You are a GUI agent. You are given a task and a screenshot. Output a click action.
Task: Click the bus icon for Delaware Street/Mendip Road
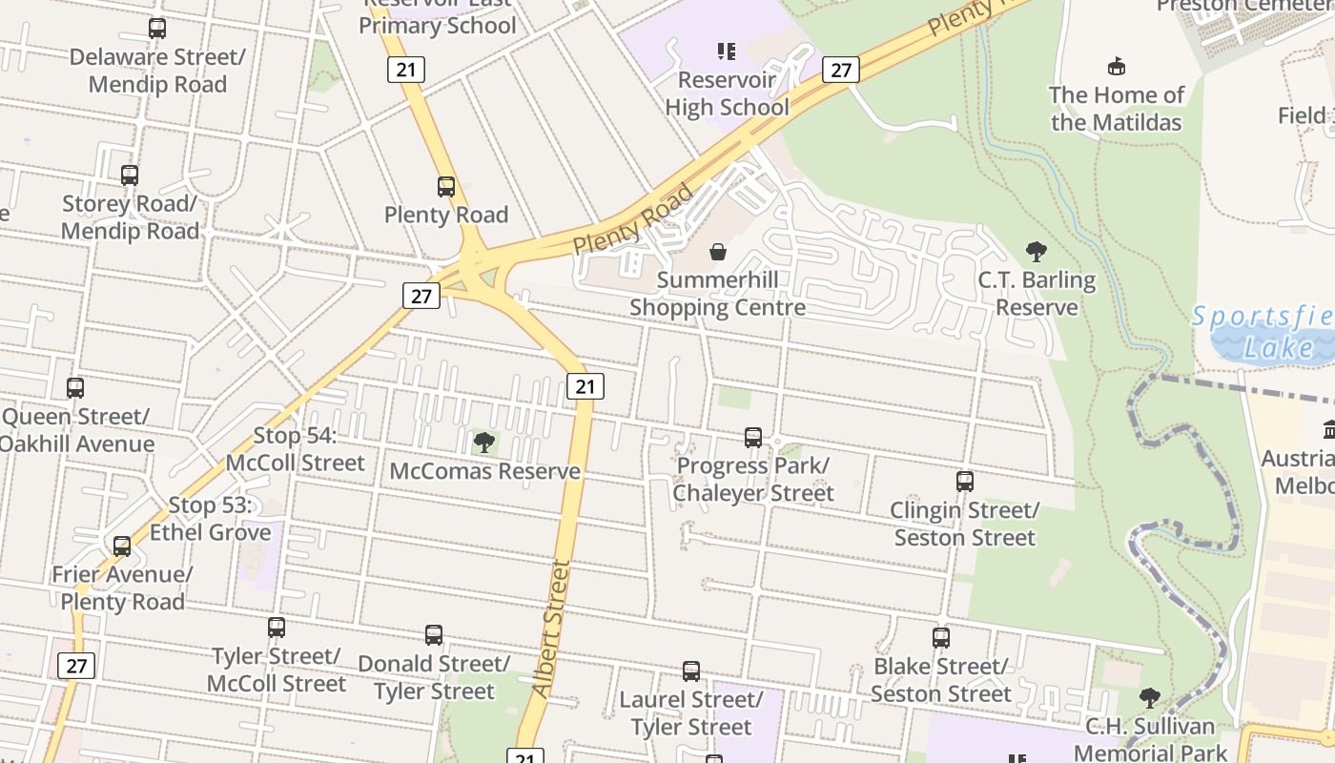click(x=157, y=29)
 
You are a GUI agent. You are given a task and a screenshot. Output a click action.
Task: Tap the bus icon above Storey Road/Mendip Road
click(x=130, y=175)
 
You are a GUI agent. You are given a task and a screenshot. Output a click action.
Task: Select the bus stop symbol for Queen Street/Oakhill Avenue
click(x=75, y=388)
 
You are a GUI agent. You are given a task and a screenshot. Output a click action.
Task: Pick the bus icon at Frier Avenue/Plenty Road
click(x=122, y=546)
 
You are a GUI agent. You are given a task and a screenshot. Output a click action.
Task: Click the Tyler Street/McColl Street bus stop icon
click(x=277, y=628)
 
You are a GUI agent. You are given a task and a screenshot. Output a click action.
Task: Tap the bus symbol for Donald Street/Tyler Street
click(x=434, y=635)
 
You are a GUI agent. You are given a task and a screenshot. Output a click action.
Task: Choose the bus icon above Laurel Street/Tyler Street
click(x=691, y=671)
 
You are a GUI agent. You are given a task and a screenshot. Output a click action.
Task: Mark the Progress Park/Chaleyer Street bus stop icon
click(x=753, y=438)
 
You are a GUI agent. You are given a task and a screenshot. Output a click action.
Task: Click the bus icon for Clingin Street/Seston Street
click(x=965, y=482)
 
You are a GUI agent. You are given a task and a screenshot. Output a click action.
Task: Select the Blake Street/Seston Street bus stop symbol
click(x=941, y=638)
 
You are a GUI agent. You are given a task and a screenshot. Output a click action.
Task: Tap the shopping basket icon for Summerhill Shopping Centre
click(x=718, y=252)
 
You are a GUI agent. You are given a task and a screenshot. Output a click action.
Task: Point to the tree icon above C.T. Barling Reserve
click(x=1037, y=252)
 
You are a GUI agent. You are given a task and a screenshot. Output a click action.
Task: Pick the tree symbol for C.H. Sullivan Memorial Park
click(x=1150, y=698)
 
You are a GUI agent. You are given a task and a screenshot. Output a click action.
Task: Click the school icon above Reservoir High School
click(x=727, y=51)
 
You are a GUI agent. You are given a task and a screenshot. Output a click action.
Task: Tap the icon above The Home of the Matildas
click(x=1116, y=66)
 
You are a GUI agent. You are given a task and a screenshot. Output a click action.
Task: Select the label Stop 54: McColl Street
click(x=296, y=449)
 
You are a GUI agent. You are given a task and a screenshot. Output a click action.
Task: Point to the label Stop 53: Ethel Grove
click(x=211, y=519)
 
